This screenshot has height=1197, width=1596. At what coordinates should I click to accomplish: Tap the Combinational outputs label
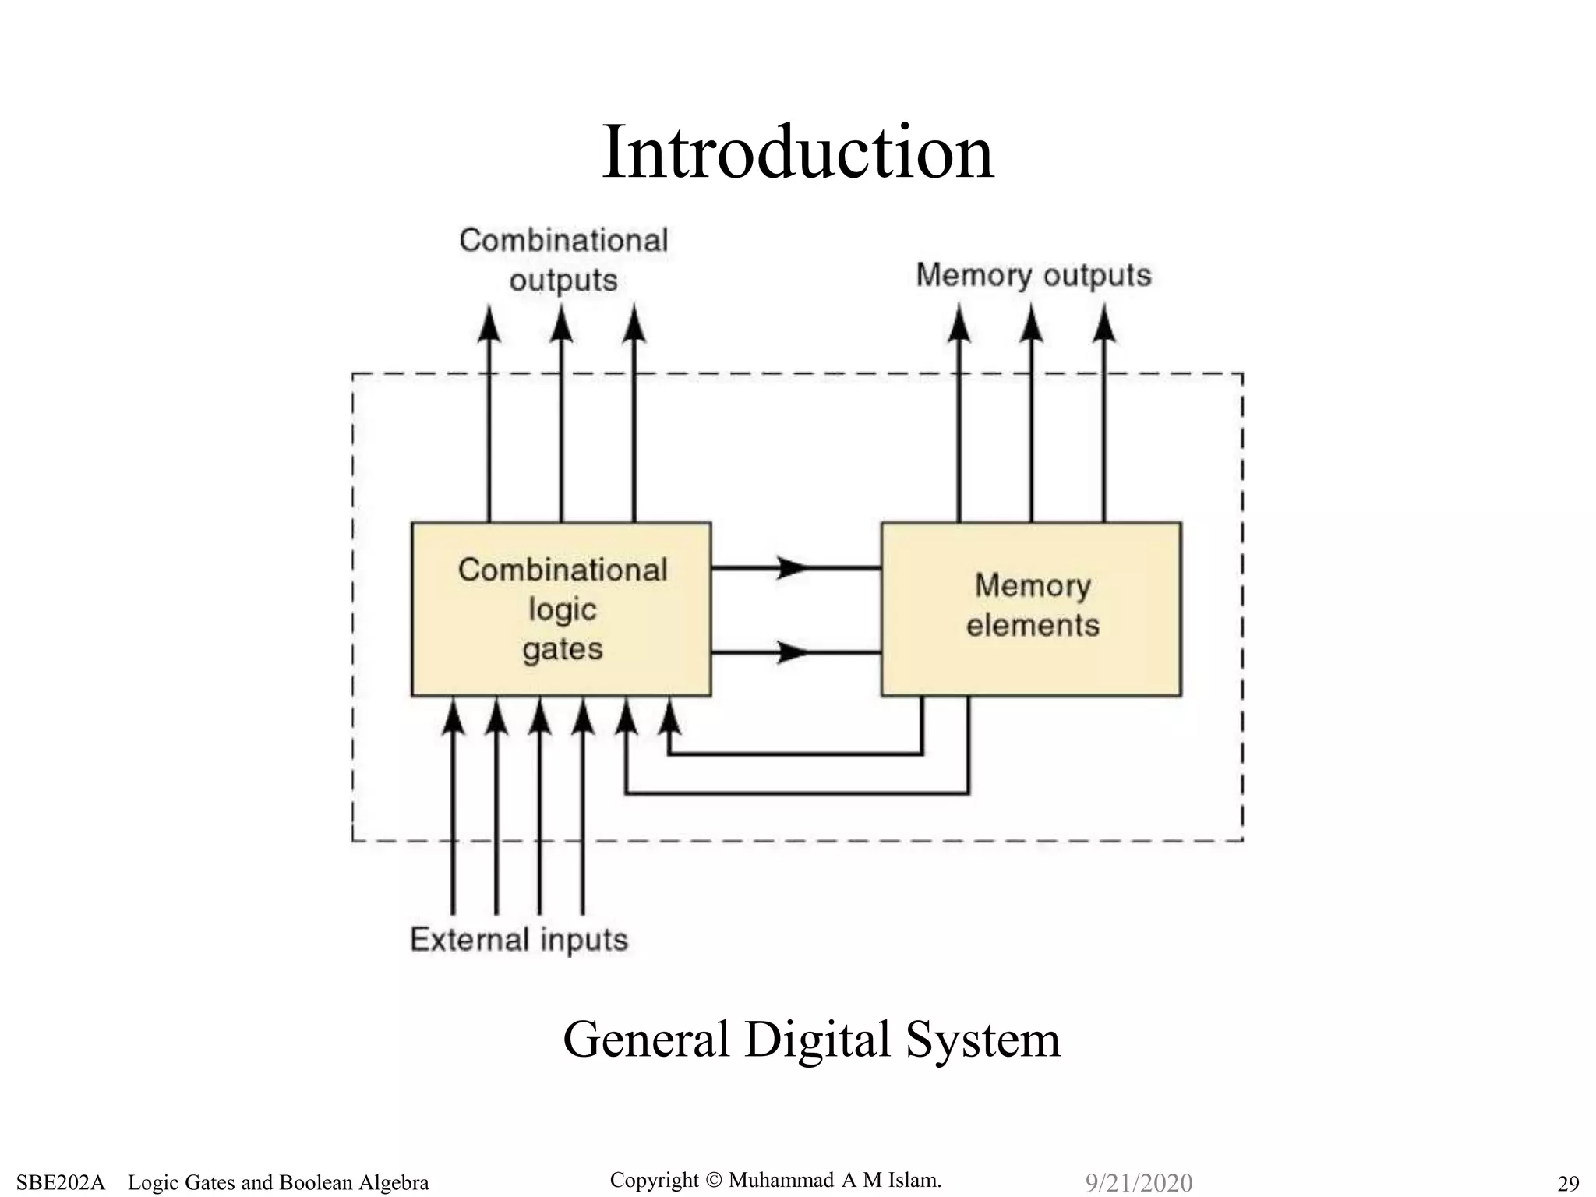(563, 260)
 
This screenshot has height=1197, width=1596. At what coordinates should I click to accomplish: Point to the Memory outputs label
(1033, 275)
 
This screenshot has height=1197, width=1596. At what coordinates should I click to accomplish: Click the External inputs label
(519, 940)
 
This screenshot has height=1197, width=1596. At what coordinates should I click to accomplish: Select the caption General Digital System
(811, 1040)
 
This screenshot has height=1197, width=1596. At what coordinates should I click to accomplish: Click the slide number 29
(1568, 1183)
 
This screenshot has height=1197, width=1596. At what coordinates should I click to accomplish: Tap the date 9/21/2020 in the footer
(1139, 1183)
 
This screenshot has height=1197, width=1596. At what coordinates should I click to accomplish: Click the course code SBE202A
(60, 1183)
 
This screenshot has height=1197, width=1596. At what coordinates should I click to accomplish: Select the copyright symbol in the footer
(714, 1181)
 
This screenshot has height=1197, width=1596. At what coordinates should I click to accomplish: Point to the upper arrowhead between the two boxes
(793, 567)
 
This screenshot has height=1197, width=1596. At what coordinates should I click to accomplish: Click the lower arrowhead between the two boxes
(793, 651)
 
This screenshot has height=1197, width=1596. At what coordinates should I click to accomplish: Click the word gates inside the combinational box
(563, 649)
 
